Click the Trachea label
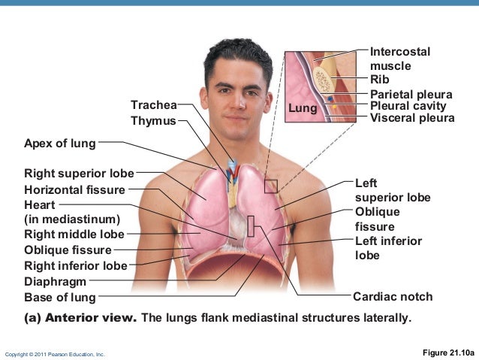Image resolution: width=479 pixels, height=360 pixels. coord(154,104)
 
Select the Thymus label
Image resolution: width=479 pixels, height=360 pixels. coord(153,120)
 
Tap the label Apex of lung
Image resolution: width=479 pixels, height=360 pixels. coord(60,143)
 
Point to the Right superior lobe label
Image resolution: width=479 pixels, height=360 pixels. coord(79,174)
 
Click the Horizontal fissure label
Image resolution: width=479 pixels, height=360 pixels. coord(74,190)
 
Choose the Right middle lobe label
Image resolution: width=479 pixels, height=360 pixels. coord(74,234)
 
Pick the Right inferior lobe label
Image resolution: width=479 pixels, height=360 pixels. coord(76,265)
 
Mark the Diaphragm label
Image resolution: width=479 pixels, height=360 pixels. coord(56,282)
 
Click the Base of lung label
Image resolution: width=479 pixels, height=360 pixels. coord(60,298)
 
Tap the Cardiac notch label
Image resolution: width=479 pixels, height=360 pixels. coord(393,297)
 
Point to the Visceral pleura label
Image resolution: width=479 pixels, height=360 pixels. coord(412,118)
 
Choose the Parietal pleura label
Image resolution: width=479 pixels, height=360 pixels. coord(411,95)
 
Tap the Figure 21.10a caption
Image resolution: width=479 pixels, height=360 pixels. coord(447,352)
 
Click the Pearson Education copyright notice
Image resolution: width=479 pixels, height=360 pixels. coord(55,353)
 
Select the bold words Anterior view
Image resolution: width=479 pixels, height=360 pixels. coord(91,317)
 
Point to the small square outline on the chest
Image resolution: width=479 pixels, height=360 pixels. coord(270,186)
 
